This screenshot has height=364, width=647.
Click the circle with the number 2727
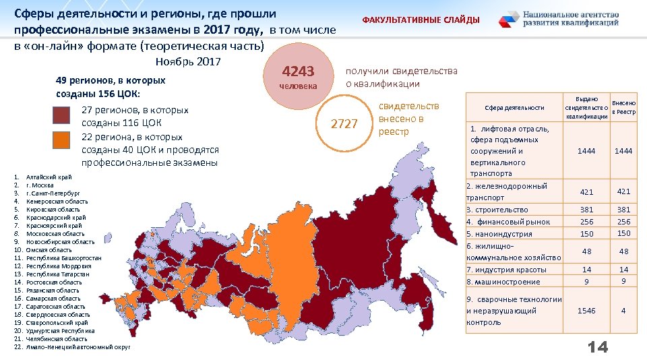point(344,123)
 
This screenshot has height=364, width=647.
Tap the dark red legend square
point(62,116)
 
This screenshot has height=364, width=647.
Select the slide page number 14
point(598,347)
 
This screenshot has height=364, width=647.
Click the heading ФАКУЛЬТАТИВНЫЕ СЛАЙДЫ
point(421,20)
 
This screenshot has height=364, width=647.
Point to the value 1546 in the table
point(586,311)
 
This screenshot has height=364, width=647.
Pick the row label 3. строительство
point(497,210)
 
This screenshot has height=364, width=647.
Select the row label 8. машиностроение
point(503,282)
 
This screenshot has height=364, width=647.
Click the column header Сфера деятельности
point(514,107)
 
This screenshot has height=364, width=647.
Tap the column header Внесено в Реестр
point(623,107)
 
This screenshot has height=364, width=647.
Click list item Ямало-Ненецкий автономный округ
point(78,346)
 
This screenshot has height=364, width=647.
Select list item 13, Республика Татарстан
point(58,274)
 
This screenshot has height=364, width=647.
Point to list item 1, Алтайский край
point(49,177)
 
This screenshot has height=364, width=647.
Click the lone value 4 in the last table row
point(623,311)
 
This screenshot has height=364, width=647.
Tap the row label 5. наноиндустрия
point(499,234)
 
